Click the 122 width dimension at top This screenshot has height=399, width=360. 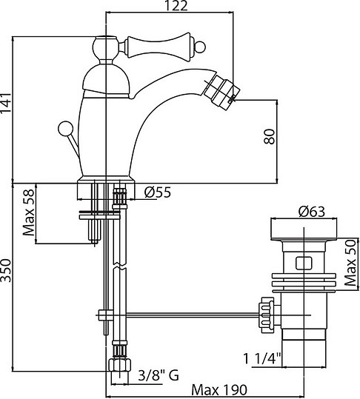pos(176,7)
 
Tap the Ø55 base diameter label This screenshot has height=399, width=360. pos(157,193)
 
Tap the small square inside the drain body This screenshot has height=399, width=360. pos(303,262)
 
